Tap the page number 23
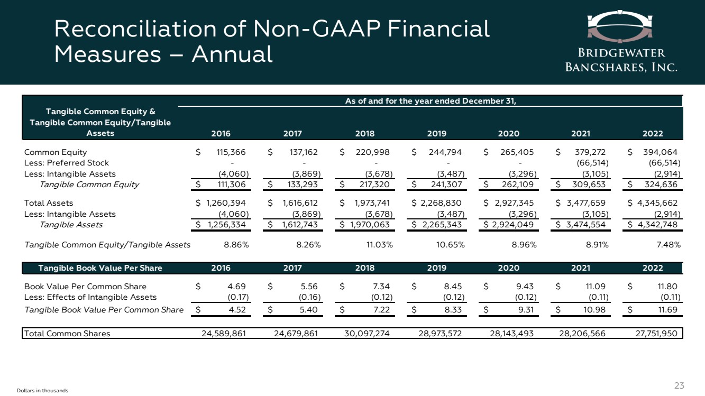[679, 385]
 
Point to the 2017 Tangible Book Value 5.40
[308, 310]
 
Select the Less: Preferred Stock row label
[67, 163]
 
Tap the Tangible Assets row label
[71, 225]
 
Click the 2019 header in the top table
[436, 134]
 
